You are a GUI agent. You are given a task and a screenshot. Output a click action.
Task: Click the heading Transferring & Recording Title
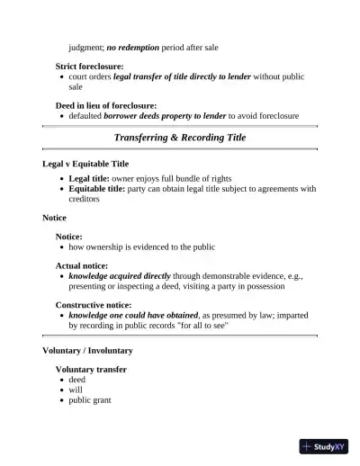[180, 138]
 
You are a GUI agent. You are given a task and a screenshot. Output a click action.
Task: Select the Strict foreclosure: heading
[90, 67]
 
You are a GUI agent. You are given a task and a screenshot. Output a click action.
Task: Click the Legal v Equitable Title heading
[85, 165]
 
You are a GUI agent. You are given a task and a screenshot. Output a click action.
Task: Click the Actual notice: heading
[82, 266]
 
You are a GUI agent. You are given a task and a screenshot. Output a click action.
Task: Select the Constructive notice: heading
[94, 306]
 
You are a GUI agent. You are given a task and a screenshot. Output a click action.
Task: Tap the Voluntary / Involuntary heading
[87, 350]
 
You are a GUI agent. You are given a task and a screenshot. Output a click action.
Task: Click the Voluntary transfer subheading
[91, 370]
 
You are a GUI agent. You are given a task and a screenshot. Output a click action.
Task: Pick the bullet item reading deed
[77, 380]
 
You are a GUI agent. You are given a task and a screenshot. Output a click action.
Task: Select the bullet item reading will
[76, 390]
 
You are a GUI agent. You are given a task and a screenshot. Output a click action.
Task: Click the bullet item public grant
[90, 399]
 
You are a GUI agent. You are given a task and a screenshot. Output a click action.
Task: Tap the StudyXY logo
[323, 445]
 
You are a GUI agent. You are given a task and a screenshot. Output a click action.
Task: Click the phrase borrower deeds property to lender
[165, 116]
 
